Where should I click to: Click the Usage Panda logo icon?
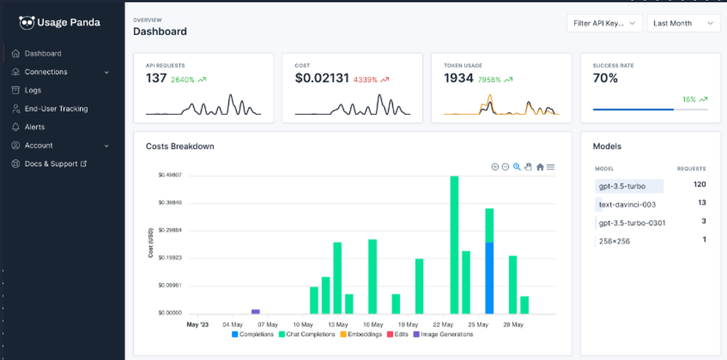tap(27, 23)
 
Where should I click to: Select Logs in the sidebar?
tap(33, 90)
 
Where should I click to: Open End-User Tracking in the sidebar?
tap(56, 108)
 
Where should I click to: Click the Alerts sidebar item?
tap(35, 127)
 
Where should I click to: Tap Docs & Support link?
tap(51, 164)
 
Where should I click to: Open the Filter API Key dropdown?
tap(604, 23)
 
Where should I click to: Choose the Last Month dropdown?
tap(683, 23)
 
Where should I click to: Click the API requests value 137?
tap(156, 79)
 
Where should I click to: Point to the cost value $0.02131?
tap(322, 79)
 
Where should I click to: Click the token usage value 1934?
tap(459, 79)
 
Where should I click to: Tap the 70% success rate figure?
tap(606, 79)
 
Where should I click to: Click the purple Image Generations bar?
tap(255, 311)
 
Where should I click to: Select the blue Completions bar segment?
tap(489, 278)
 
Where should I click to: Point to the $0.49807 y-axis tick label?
tap(169, 175)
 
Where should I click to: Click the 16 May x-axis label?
tap(372, 324)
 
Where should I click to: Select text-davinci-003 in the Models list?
tap(627, 204)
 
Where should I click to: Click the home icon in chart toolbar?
tap(540, 167)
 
